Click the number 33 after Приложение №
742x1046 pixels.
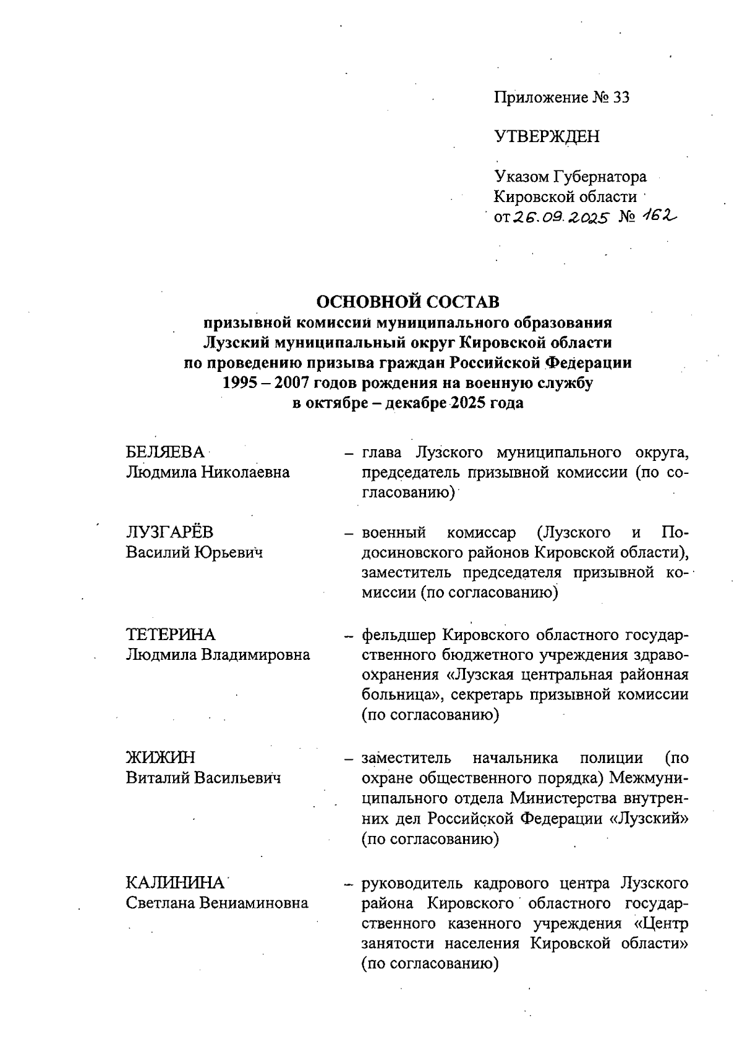(620, 98)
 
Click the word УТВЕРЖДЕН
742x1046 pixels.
(547, 137)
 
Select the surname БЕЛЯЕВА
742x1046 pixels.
(165, 452)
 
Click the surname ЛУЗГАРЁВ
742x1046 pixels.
(170, 533)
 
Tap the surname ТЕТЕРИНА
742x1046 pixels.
(171, 635)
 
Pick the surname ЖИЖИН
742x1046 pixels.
(160, 757)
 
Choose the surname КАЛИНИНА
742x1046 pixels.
(175, 883)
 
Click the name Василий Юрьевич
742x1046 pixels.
(194, 552)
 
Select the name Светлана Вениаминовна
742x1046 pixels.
(217, 903)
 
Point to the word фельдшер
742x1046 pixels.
(400, 635)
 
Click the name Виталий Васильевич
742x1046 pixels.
(203, 777)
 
